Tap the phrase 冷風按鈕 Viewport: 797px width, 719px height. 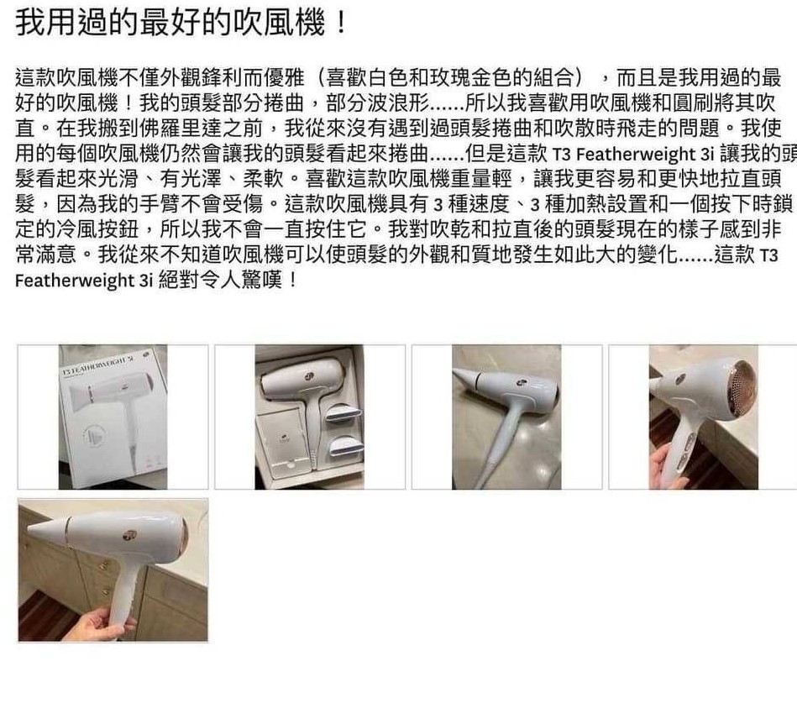[x=97, y=229]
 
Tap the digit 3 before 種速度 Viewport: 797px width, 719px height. [x=438, y=204]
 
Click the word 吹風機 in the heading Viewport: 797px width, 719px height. [x=279, y=23]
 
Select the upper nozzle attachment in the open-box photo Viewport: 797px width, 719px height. [x=343, y=413]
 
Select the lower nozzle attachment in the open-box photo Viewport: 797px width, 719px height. [x=346, y=448]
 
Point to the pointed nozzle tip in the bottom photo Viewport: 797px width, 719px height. [x=29, y=529]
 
